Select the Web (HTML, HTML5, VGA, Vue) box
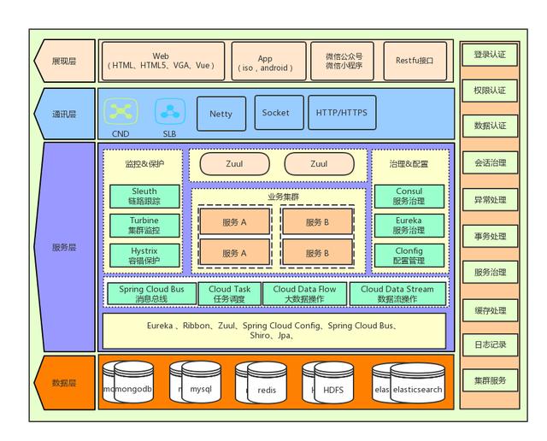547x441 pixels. pos(162,61)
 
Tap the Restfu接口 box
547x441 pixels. pos(415,61)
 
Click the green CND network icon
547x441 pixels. pos(121,111)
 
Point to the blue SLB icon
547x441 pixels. pos(170,111)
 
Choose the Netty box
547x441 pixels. pos(221,113)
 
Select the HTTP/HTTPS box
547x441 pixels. pos(341,113)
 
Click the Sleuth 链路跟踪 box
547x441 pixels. pos(144,197)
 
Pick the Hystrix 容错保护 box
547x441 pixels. pos(144,256)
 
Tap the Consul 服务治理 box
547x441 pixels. pos(409,197)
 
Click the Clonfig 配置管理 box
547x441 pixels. pos(409,256)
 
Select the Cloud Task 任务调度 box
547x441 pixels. pos(230,294)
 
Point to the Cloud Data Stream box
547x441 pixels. pos(397,294)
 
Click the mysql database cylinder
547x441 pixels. pos(199,389)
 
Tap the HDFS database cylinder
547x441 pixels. pos(332,389)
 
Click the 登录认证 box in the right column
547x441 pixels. pos(490,55)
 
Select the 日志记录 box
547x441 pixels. pos(490,345)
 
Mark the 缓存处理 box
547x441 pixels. pos(490,309)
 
